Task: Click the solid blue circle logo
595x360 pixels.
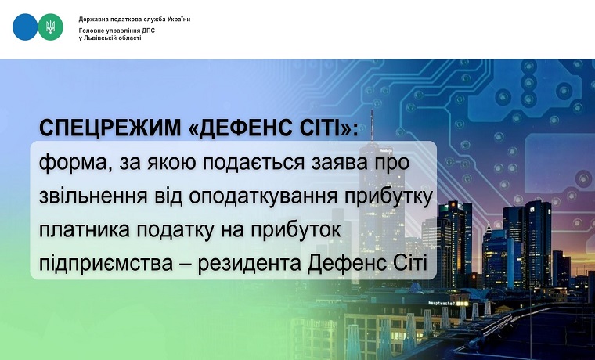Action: [x=25, y=27]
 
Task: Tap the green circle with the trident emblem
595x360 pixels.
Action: [x=50, y=27]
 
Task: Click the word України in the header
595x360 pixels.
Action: [x=178, y=20]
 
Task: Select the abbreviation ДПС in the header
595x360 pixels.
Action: [x=149, y=31]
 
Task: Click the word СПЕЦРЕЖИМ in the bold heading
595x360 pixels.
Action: [x=110, y=128]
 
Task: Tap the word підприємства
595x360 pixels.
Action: [x=106, y=263]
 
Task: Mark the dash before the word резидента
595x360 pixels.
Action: [x=185, y=265]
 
